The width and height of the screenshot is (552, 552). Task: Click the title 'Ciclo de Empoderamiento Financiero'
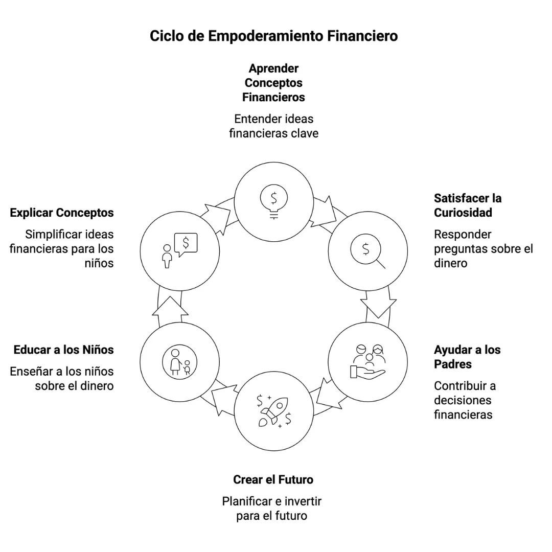pos(273,36)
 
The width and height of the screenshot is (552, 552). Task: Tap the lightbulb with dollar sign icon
pos(273,200)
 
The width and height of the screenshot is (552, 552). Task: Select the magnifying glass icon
pos(367,251)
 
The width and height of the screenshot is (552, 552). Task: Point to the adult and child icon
pos(179,362)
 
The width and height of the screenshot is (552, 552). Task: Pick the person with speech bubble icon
pos(179,250)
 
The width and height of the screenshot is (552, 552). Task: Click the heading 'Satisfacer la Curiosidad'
pos(468,205)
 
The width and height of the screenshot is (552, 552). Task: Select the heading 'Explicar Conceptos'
pos(62,213)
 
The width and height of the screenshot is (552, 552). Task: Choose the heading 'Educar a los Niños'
pos(63,350)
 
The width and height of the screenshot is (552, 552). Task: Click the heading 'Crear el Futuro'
pos(273,480)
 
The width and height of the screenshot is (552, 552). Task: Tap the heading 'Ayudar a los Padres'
pos(467,357)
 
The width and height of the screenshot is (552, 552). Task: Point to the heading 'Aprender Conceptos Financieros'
pos(273,83)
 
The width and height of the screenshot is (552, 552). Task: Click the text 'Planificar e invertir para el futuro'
pos(271,509)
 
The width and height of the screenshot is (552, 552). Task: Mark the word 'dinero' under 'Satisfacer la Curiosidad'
pos(451,263)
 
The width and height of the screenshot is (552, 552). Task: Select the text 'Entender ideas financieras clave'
pos(273,126)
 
